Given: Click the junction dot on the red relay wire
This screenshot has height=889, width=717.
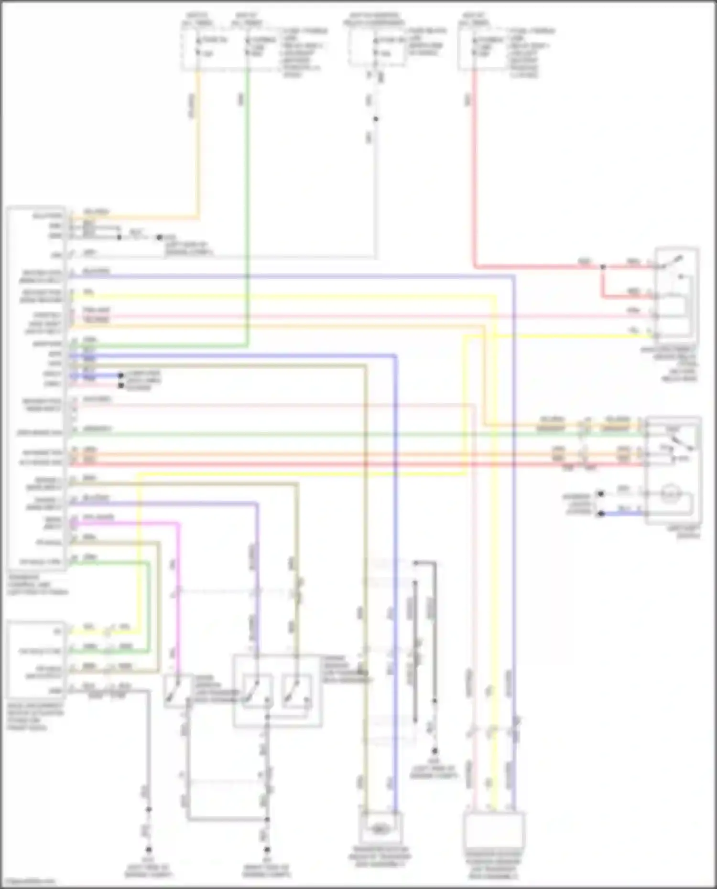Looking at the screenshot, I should click(x=603, y=267).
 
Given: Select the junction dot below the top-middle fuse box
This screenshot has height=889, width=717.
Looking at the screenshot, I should click(x=376, y=119).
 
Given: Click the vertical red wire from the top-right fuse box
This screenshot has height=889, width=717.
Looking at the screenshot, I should click(x=474, y=167).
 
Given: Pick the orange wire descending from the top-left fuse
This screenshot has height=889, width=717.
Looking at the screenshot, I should click(x=197, y=143).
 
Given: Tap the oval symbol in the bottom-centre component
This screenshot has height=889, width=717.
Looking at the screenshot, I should click(x=380, y=830).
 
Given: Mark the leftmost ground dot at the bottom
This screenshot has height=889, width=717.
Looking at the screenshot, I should click(x=149, y=850).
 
